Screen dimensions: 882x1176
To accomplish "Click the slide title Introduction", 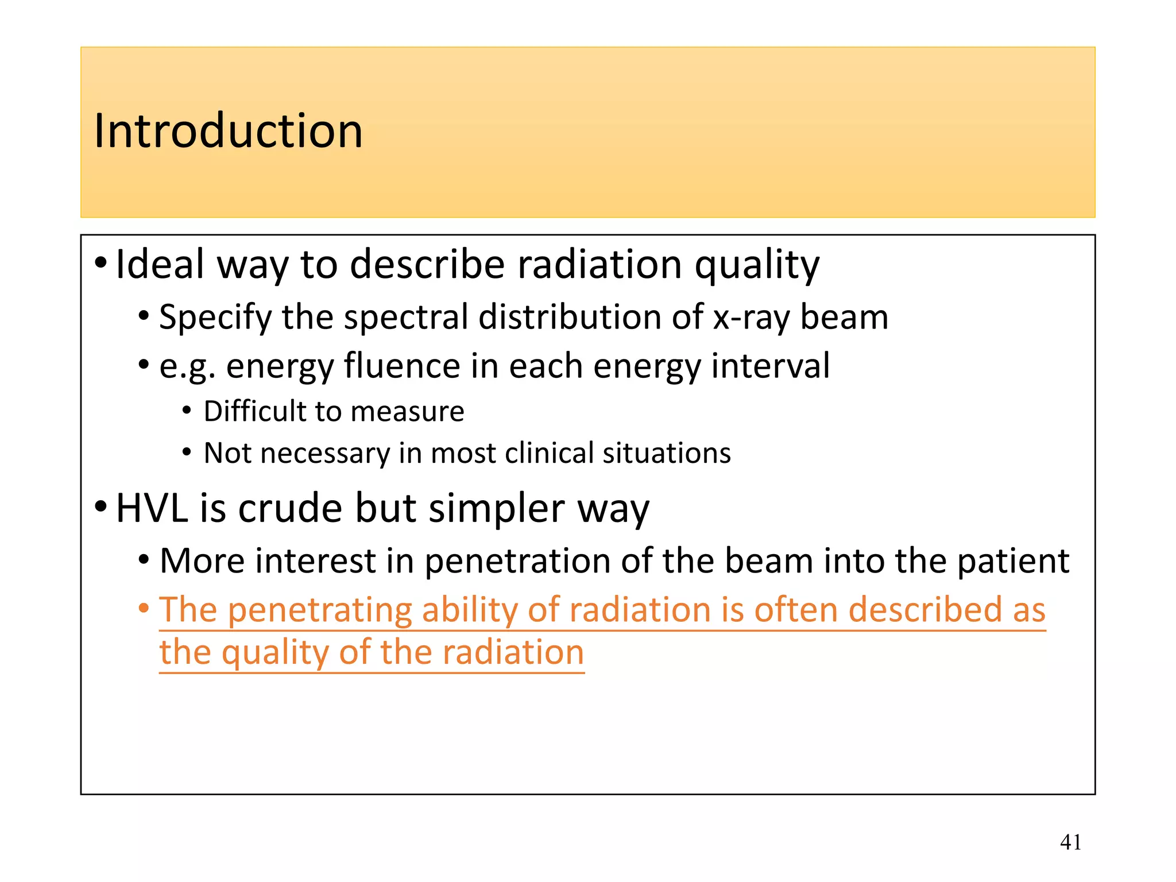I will (x=228, y=131).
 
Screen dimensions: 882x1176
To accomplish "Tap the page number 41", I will (x=1070, y=842).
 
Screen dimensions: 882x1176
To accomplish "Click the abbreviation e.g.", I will (x=187, y=367).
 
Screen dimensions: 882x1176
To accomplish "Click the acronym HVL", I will (x=152, y=509).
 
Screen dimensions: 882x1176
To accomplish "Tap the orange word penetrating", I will (x=320, y=610).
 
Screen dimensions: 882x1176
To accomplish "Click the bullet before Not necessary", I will (x=187, y=453).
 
